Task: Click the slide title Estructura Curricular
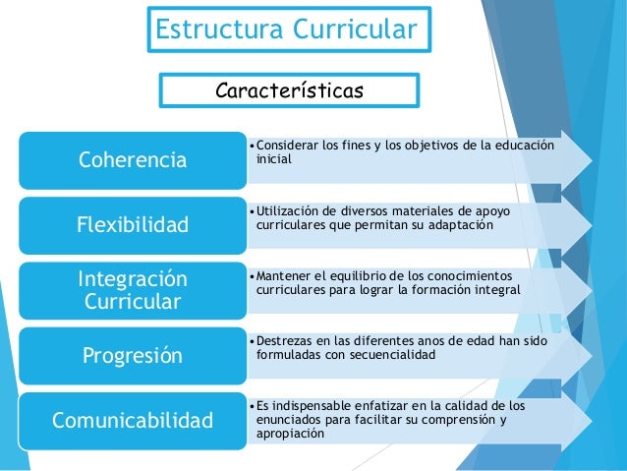(x=288, y=29)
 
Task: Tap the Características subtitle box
(x=289, y=91)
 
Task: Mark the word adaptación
(x=462, y=225)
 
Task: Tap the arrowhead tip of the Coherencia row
(x=591, y=158)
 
